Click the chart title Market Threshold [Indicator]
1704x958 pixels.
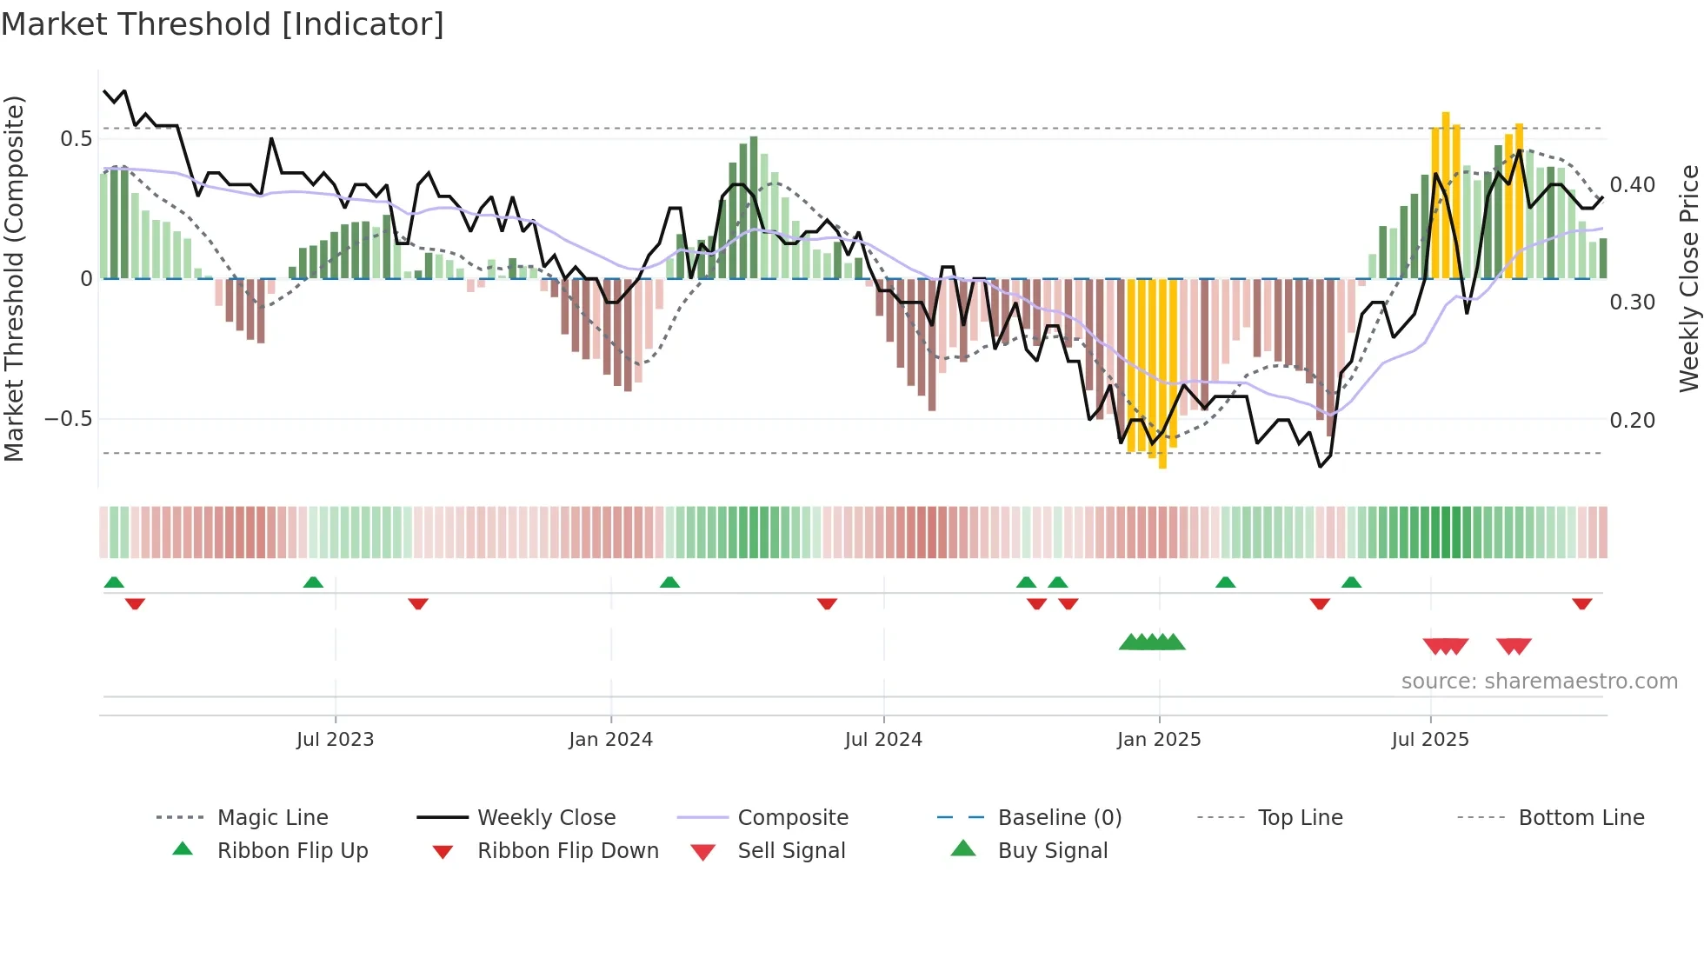pos(223,24)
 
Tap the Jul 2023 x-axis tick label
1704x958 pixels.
pos(335,740)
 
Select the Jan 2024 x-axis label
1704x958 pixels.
pos(610,740)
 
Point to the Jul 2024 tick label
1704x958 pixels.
pos(883,740)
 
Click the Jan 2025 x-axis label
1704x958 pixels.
pos(1159,740)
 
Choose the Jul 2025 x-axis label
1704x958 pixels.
pos(1430,740)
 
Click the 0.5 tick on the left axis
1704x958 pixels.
pos(76,139)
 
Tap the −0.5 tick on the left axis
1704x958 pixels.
pos(69,419)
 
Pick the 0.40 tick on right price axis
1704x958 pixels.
pos(1632,185)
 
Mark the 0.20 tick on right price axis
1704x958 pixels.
pos(1632,421)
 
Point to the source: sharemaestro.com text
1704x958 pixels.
pos(1539,682)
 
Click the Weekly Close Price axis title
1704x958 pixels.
pos(1688,278)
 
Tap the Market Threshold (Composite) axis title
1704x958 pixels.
pos(14,278)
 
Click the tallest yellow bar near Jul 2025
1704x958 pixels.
pos(1446,196)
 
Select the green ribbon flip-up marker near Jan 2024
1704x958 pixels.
pos(669,582)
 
